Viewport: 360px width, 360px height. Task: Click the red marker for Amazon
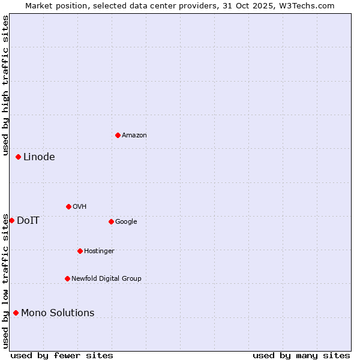tap(118, 135)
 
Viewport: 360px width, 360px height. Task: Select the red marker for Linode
tap(18, 157)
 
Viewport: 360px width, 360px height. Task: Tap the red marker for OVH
tap(68, 206)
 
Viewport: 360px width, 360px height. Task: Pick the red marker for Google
tap(111, 221)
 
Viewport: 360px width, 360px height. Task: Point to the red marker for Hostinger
tap(80, 251)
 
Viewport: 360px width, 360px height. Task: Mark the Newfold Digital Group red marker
tap(67, 278)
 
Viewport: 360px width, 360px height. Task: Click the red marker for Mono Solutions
tap(16, 313)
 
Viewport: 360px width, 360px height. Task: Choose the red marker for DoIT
tap(11, 220)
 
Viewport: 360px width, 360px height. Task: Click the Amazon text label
tap(134, 136)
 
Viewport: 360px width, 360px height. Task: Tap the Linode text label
tap(39, 157)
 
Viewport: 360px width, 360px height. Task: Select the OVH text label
tap(80, 207)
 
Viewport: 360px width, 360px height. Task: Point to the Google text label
tap(126, 222)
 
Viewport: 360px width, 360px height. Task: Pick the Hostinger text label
tap(99, 251)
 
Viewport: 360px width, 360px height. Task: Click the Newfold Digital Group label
tap(106, 279)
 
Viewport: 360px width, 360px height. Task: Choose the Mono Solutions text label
tap(58, 313)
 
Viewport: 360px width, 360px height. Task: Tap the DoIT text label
tap(28, 221)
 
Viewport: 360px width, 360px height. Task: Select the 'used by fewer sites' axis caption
tap(62, 356)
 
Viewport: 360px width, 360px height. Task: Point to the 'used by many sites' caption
tap(301, 356)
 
